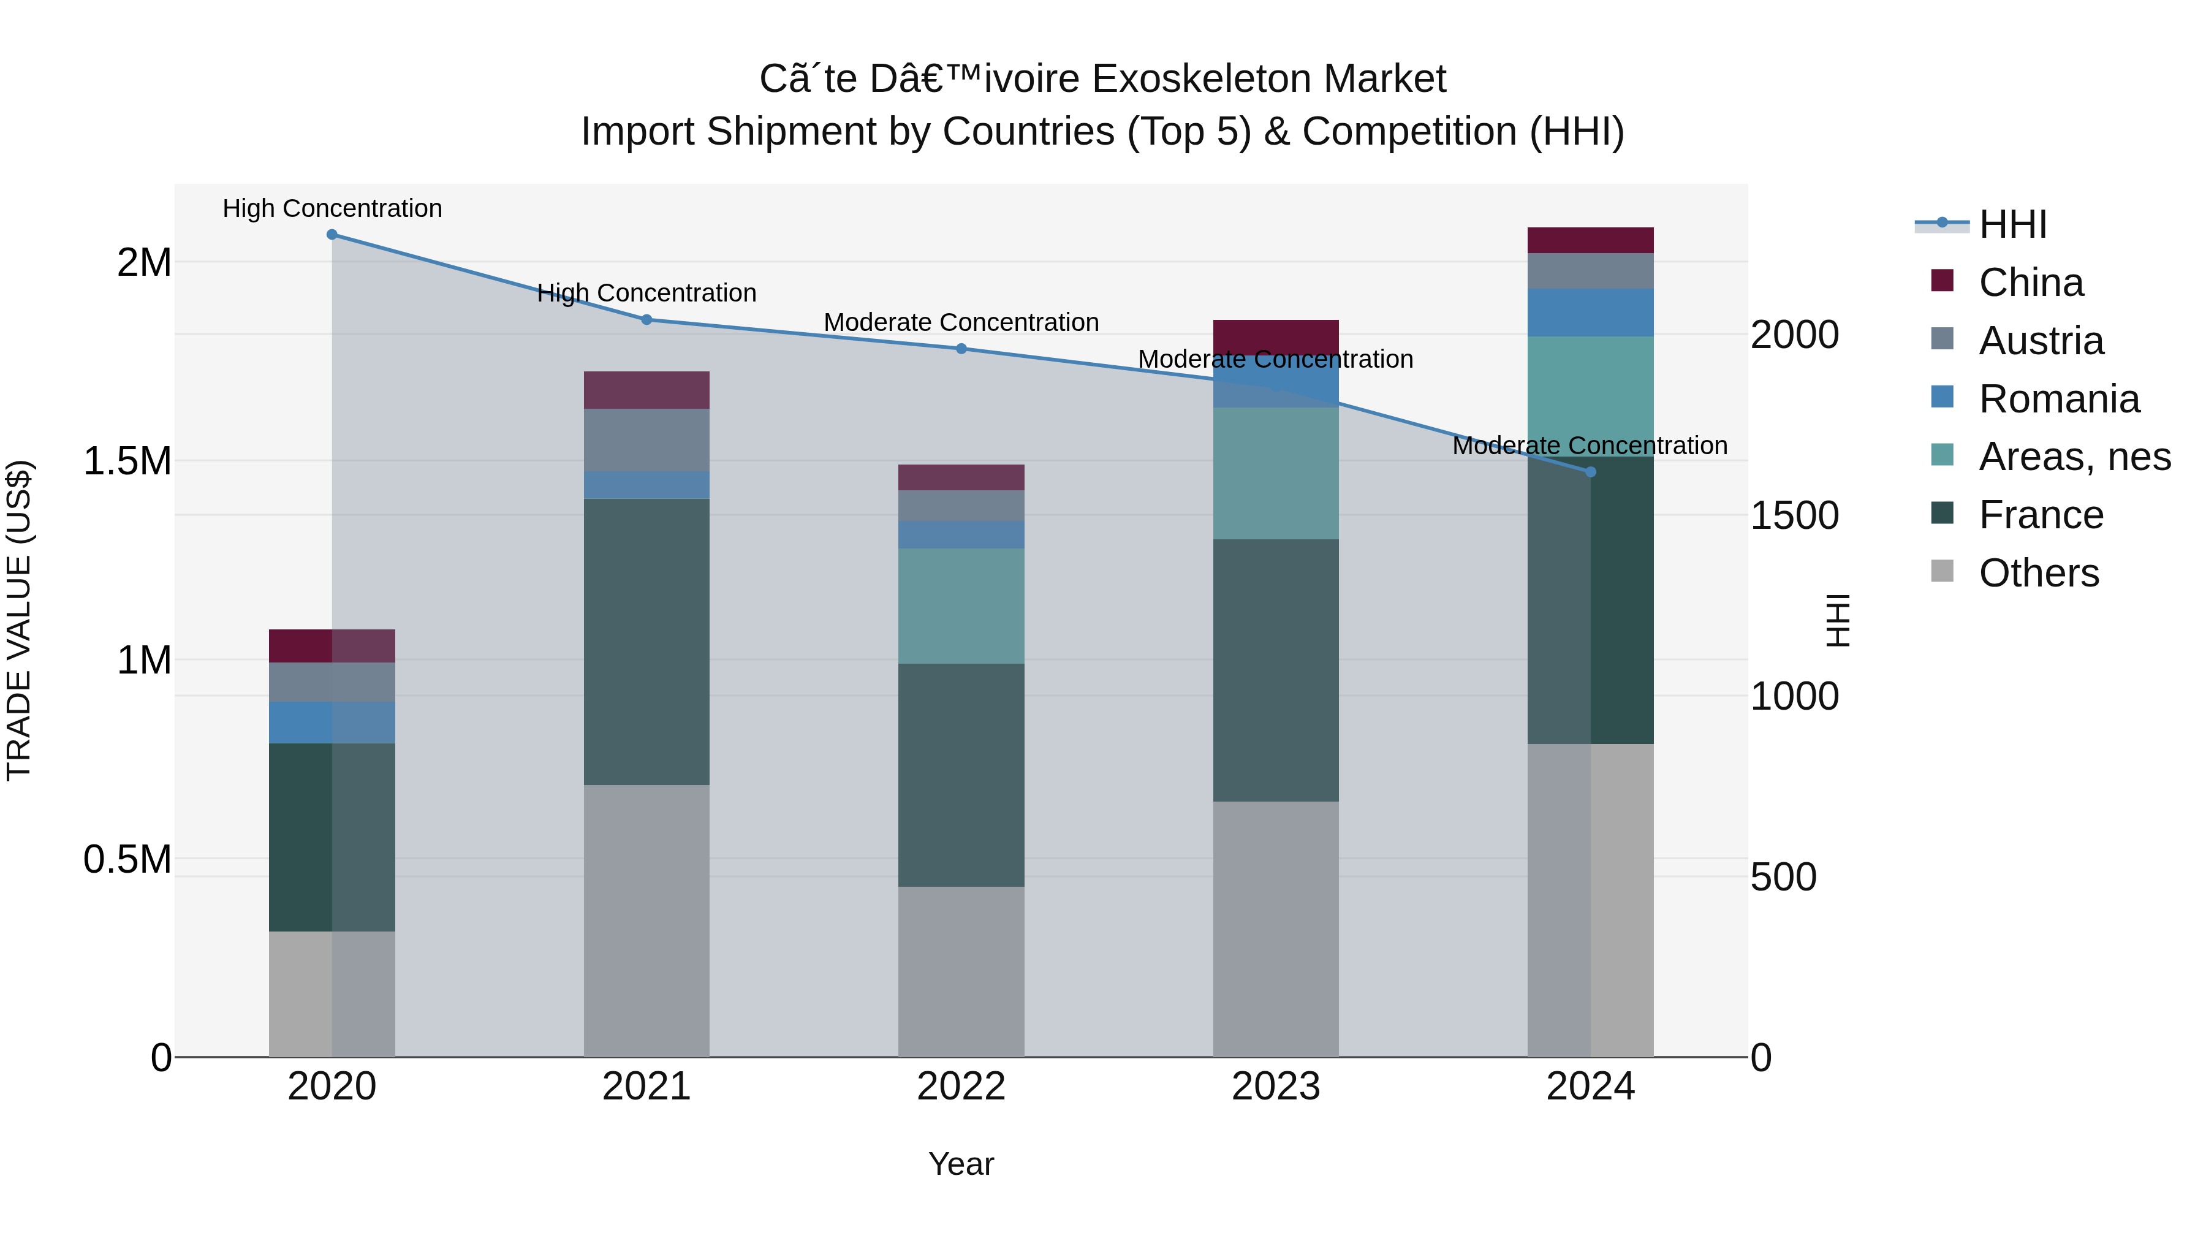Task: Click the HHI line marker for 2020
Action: click(x=332, y=235)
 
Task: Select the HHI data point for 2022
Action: click(x=961, y=349)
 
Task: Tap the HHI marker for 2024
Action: click(x=1590, y=472)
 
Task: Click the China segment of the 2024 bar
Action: click(x=1590, y=241)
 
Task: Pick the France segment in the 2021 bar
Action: click(x=646, y=642)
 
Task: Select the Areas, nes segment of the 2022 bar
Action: click(x=961, y=605)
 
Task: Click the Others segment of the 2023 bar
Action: click(x=1275, y=928)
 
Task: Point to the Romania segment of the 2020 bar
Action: click(x=332, y=722)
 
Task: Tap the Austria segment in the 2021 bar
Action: click(x=646, y=439)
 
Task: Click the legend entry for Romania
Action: click(x=2059, y=399)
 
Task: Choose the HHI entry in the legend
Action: click(x=2012, y=224)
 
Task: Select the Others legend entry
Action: click(x=2038, y=573)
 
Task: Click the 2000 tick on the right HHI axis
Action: click(x=1794, y=335)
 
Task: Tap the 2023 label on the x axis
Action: click(x=1275, y=1087)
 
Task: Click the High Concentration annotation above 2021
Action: click(x=646, y=293)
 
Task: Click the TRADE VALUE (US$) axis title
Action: click(x=19, y=620)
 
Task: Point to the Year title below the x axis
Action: click(x=961, y=1164)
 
